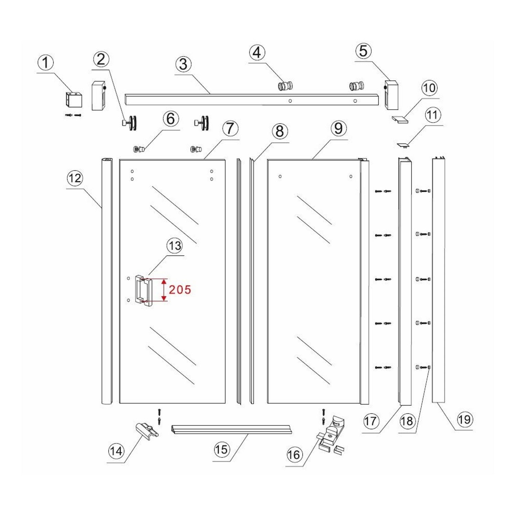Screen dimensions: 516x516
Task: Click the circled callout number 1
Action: point(46,63)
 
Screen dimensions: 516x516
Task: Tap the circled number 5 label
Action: point(363,51)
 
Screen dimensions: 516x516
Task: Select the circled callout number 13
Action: point(175,246)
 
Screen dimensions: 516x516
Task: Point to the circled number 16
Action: point(294,455)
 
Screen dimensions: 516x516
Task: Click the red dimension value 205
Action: point(180,290)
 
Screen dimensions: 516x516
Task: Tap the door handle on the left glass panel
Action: point(143,290)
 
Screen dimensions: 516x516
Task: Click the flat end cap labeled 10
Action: point(400,119)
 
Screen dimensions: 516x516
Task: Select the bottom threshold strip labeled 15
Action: point(233,429)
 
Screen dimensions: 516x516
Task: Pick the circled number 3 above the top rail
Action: point(183,64)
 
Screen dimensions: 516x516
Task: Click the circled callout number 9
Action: point(338,128)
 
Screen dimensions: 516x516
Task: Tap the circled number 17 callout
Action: point(370,421)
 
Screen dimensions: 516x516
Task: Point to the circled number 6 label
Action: point(171,119)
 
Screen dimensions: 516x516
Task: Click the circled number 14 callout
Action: point(116,451)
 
